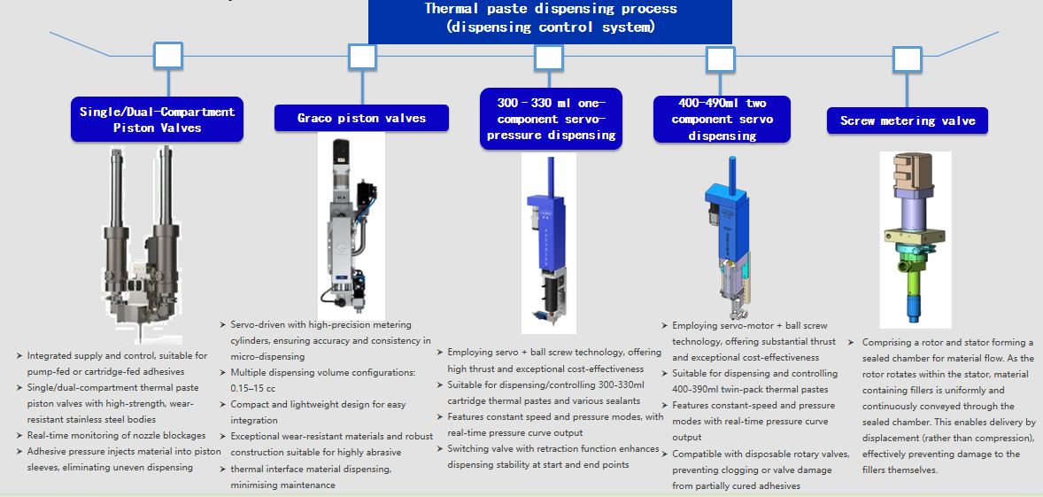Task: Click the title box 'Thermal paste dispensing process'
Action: pyautogui.click(x=550, y=19)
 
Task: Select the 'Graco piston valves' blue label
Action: pyautogui.click(x=361, y=118)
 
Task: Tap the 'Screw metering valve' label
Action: pyautogui.click(x=908, y=120)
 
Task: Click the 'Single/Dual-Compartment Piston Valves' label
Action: pyautogui.click(x=157, y=120)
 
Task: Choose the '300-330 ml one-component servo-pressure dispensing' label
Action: pyautogui.click(x=551, y=120)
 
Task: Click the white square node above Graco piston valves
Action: pyautogui.click(x=362, y=58)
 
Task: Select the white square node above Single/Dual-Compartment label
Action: pyautogui.click(x=168, y=56)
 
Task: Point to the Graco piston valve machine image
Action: pyautogui.click(x=351, y=226)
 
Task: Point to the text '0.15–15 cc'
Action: pyautogui.click(x=247, y=388)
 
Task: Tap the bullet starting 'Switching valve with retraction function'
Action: pyautogui.click(x=553, y=456)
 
